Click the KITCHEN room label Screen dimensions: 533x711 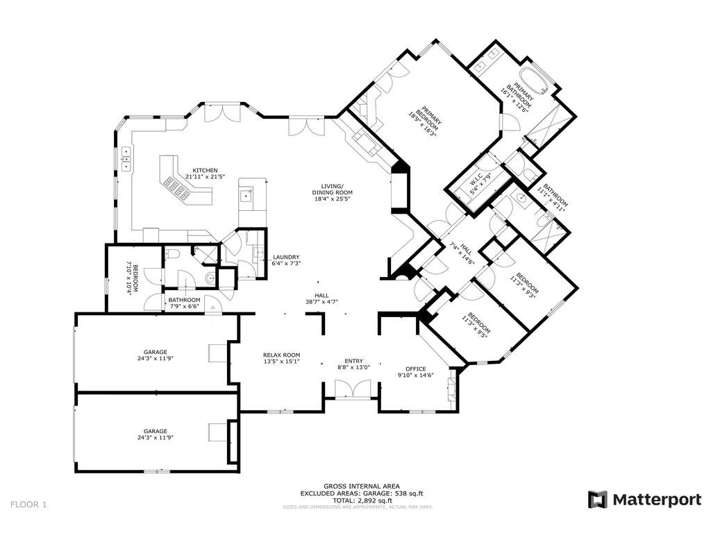click(205, 171)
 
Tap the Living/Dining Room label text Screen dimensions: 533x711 click(332, 186)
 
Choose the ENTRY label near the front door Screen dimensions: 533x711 click(353, 361)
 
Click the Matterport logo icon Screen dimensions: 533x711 click(597, 499)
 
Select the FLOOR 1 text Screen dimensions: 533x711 click(28, 505)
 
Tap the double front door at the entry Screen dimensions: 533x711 click(353, 389)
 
